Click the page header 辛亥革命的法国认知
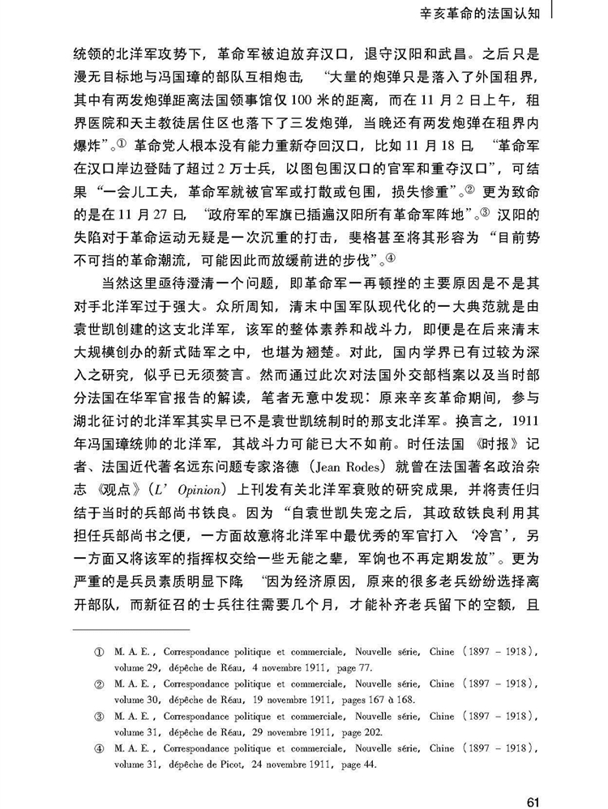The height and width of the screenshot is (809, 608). point(478,12)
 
